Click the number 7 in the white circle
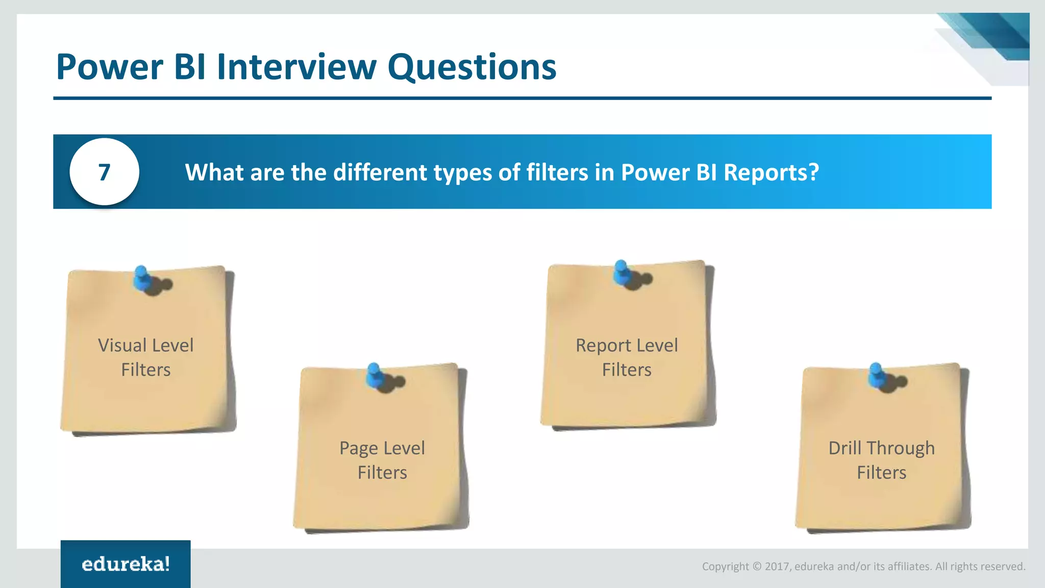point(104,173)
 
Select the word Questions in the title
point(471,68)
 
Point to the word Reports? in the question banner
point(771,173)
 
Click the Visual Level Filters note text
point(146,357)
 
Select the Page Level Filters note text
point(382,460)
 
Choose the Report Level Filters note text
point(627,357)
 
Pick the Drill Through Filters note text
point(881,460)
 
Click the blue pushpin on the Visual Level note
point(142,278)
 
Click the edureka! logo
point(126,564)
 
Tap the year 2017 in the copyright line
point(777,567)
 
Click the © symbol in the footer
point(757,567)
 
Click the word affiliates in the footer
point(909,567)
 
